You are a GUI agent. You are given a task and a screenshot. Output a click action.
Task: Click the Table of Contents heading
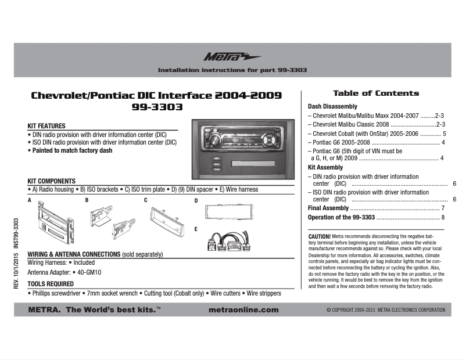[375, 93]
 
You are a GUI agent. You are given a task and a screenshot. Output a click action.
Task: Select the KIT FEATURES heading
[46, 126]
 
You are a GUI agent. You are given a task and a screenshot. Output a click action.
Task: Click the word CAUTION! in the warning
[319, 237]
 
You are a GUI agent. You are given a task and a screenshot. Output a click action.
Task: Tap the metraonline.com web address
[243, 310]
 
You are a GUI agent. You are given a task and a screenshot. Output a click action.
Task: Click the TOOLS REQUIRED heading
[51, 284]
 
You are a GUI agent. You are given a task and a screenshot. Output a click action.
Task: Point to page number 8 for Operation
[442, 218]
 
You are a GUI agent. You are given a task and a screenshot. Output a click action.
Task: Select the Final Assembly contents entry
[328, 208]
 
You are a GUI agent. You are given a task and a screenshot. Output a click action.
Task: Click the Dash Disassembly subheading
[332, 107]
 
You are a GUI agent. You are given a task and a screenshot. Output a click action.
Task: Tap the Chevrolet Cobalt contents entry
[376, 134]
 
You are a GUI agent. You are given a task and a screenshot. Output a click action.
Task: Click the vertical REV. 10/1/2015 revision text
[17, 253]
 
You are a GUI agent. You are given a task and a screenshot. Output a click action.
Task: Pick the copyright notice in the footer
[386, 310]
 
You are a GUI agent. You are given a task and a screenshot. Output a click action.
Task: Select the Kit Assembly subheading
[325, 167]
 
